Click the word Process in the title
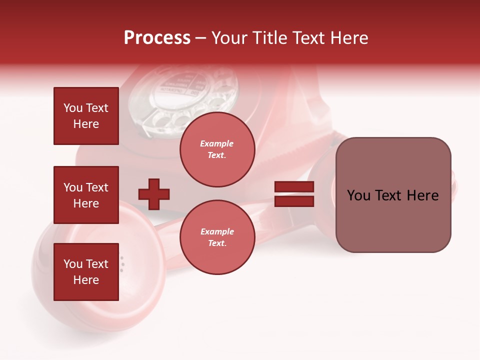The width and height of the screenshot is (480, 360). (157, 38)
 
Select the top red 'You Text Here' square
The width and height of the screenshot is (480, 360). (86, 116)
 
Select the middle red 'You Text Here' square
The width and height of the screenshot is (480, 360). (86, 195)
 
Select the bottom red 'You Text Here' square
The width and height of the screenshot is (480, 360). (86, 272)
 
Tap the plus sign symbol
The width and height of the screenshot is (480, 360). (154, 194)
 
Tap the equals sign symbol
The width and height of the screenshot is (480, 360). (294, 194)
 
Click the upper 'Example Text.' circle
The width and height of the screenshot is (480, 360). (217, 149)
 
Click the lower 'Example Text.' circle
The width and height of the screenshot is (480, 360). (217, 237)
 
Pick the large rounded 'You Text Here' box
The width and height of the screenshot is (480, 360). (393, 195)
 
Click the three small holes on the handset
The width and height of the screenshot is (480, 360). (121, 264)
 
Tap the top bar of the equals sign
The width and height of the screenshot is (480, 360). (294, 187)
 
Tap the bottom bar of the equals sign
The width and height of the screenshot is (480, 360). (294, 201)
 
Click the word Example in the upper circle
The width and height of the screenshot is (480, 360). (217, 143)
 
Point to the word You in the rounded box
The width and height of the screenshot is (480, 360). (358, 195)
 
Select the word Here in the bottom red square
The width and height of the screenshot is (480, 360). (86, 280)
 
